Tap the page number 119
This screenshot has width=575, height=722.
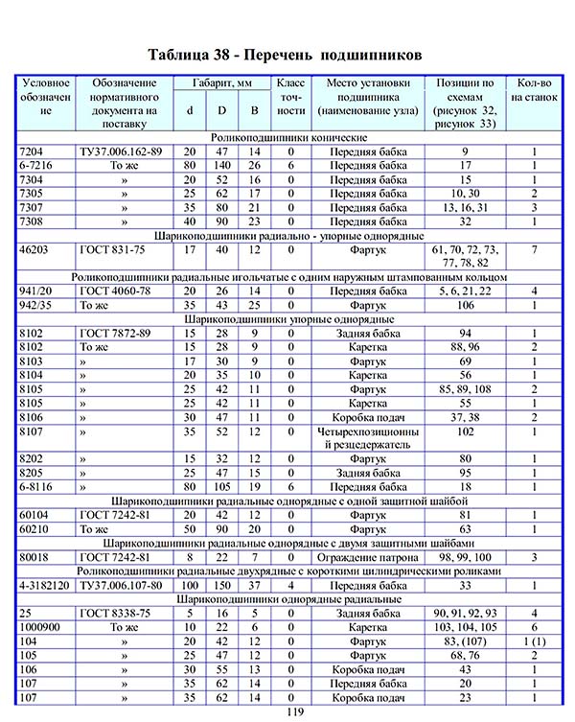point(287,713)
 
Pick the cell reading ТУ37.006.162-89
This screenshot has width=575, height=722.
point(122,152)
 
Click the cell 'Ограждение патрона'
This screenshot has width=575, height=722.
point(367,557)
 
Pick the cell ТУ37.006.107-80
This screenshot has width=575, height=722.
point(122,584)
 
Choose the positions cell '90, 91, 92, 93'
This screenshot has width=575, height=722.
point(465,613)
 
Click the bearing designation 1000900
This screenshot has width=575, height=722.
point(41,626)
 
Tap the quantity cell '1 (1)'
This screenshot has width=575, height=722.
point(534,640)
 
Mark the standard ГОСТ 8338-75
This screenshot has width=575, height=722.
point(119,613)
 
